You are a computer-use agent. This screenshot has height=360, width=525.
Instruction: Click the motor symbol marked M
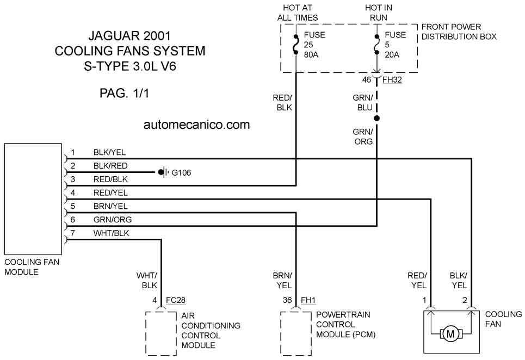(x=450, y=333)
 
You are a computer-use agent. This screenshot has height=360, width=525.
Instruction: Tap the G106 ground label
(x=181, y=172)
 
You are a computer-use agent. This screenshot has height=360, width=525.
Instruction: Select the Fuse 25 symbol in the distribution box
(x=295, y=45)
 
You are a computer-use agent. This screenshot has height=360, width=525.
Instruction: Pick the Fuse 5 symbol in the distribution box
(x=376, y=45)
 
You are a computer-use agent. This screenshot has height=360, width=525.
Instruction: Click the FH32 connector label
(x=392, y=80)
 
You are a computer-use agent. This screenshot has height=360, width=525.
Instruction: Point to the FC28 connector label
(x=175, y=300)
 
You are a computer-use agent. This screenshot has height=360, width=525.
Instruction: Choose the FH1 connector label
(x=308, y=300)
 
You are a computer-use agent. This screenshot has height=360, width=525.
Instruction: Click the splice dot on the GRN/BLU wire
(x=376, y=118)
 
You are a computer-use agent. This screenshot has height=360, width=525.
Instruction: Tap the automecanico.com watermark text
(x=196, y=125)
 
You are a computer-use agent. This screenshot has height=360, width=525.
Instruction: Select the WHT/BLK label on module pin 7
(x=111, y=233)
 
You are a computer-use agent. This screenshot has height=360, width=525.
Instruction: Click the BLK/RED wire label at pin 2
(x=110, y=166)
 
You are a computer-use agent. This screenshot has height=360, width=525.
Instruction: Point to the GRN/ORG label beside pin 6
(x=112, y=220)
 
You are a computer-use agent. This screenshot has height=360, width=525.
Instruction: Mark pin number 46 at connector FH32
(x=367, y=79)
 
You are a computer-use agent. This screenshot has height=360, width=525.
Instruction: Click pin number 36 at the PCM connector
(x=287, y=300)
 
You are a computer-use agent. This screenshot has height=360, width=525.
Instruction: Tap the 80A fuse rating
(x=311, y=54)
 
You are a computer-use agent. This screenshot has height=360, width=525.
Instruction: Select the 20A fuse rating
(x=392, y=54)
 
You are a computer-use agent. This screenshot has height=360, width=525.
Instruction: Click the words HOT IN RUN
(x=378, y=13)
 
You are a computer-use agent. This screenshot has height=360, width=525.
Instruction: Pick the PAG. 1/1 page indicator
(x=124, y=93)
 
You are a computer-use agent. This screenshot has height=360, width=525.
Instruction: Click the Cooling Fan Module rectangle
(x=33, y=199)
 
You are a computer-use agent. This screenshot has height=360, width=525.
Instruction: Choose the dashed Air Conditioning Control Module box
(x=161, y=333)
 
